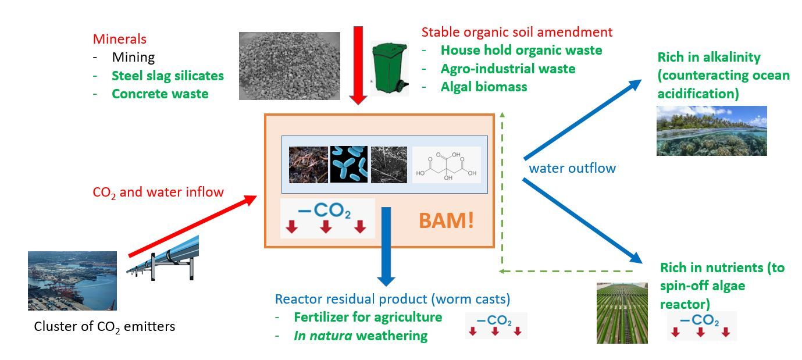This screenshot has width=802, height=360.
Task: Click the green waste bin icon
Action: (390, 69)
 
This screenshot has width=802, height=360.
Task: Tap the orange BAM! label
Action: (446, 220)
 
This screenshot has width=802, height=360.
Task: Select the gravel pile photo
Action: (289, 66)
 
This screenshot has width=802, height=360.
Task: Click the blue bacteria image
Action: (349, 164)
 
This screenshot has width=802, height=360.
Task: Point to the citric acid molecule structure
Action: (446, 165)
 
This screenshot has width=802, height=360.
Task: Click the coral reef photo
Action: (711, 131)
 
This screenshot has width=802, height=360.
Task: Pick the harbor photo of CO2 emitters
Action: (72, 281)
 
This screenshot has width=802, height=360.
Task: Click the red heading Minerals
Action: (120, 39)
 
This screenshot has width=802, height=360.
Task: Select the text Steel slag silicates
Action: (167, 76)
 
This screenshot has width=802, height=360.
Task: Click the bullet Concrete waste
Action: (160, 94)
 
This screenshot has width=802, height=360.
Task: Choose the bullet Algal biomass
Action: (484, 87)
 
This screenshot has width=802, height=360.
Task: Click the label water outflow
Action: (572, 168)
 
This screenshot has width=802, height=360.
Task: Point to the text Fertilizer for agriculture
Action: (368, 317)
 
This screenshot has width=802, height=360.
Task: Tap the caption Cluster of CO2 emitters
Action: (105, 327)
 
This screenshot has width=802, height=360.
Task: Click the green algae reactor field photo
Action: (622, 313)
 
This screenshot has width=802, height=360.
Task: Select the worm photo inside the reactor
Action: (308, 165)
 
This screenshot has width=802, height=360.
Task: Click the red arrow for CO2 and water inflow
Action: (193, 226)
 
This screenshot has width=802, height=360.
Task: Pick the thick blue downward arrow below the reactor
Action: (386, 247)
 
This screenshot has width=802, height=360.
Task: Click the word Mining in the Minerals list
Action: (133, 58)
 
